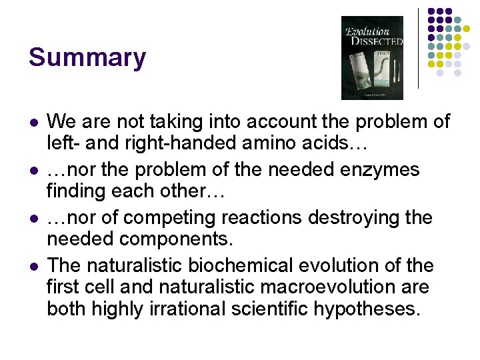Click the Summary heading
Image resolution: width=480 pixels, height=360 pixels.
coord(87,58)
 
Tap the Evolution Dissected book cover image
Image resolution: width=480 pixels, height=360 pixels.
coord(372,58)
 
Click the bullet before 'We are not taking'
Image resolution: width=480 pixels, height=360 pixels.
coord(33,123)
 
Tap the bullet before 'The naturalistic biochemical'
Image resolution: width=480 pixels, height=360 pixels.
coord(33,267)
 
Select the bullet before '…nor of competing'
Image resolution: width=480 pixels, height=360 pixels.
coord(33,219)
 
